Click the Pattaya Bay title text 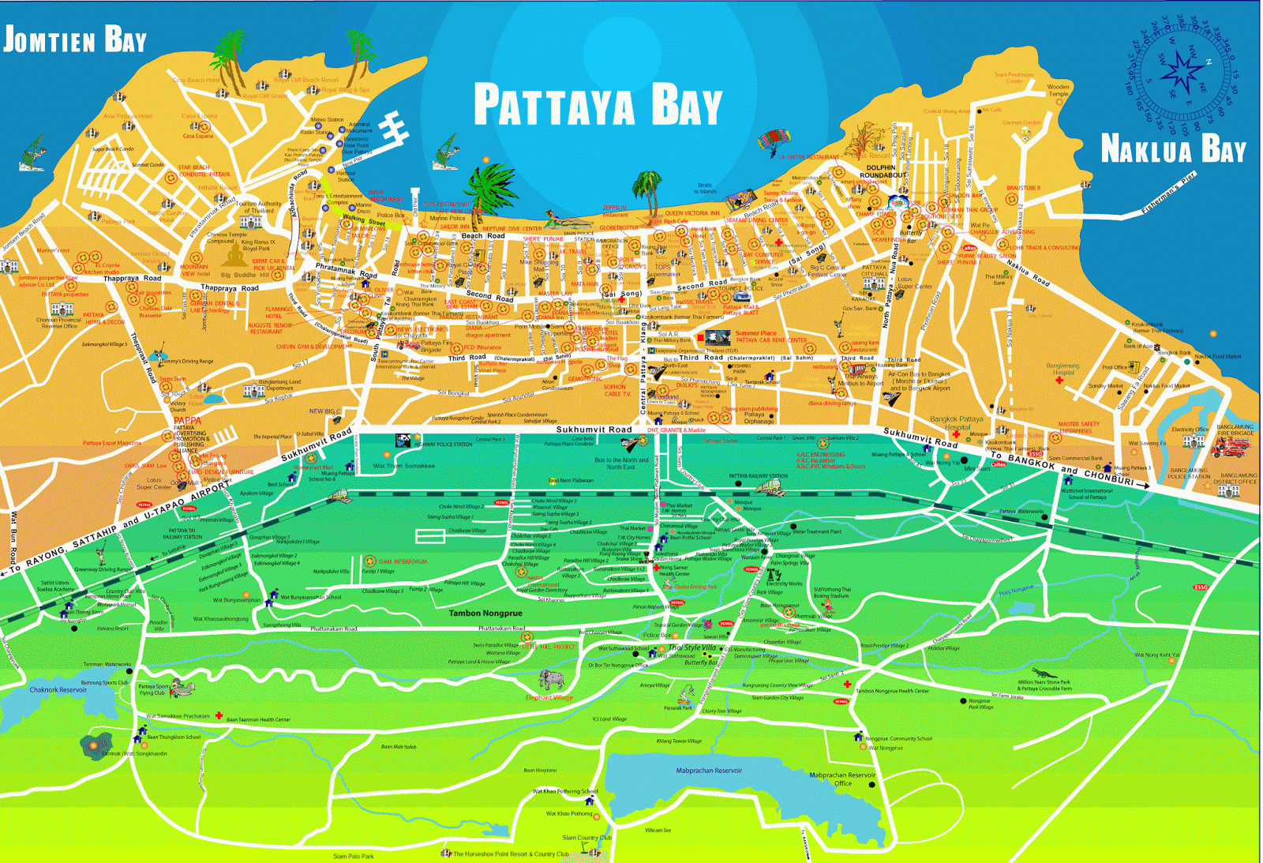click(x=598, y=105)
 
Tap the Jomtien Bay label click(x=75, y=39)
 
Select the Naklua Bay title click(x=1173, y=148)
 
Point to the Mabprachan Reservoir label click(x=709, y=771)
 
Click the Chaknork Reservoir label click(x=58, y=689)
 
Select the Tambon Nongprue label click(x=485, y=613)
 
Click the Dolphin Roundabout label click(x=882, y=171)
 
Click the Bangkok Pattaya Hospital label click(x=957, y=423)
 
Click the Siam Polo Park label click(x=353, y=856)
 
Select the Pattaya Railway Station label click(x=758, y=476)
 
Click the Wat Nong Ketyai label click(x=1156, y=655)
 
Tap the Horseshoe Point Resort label click(x=510, y=854)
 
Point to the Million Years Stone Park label click(x=1044, y=685)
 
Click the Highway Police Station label click(x=443, y=444)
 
